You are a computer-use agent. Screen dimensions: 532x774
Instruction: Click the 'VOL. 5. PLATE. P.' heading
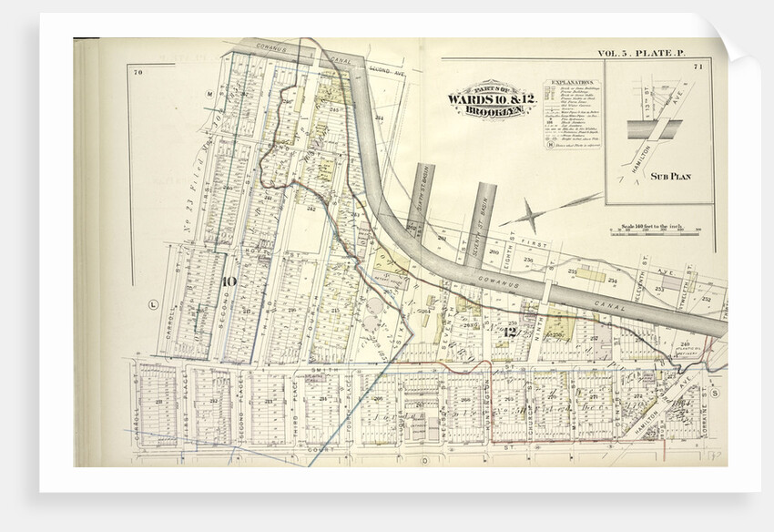tap(639, 55)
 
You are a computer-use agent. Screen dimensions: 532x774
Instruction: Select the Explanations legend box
tap(571, 114)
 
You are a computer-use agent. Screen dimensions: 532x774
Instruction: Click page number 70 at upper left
tap(137, 71)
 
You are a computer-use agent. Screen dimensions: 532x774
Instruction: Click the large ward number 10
tap(228, 281)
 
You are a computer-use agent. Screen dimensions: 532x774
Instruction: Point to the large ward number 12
tap(508, 332)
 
